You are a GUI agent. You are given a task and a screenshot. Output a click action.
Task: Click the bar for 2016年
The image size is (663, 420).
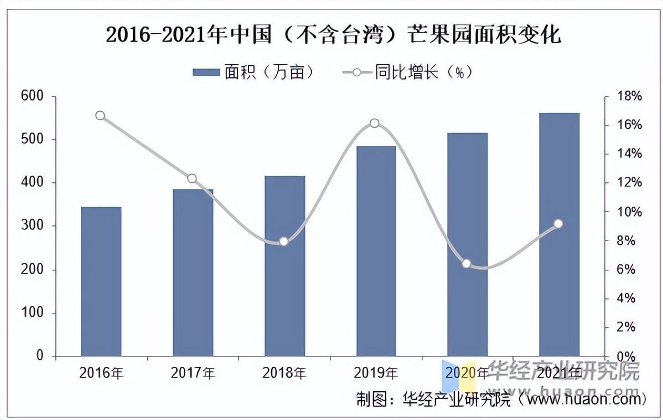(x=101, y=281)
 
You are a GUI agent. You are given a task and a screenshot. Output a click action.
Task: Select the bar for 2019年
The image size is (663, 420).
(x=376, y=251)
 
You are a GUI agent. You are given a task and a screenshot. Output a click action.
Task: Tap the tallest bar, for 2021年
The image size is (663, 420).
(x=559, y=234)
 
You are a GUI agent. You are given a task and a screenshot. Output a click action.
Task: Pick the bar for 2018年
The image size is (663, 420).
(x=284, y=266)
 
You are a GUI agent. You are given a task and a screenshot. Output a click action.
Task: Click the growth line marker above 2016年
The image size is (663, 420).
(x=100, y=116)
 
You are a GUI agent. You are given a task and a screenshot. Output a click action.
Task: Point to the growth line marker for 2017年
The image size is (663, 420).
(x=192, y=179)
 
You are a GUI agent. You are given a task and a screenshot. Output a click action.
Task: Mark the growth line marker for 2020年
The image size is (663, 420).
(x=467, y=264)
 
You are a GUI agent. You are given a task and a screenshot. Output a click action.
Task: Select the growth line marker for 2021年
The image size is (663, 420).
(x=558, y=224)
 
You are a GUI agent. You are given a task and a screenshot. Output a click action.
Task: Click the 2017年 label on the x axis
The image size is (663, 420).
(x=192, y=373)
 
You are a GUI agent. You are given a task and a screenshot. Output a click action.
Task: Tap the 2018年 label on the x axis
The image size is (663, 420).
(x=284, y=373)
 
